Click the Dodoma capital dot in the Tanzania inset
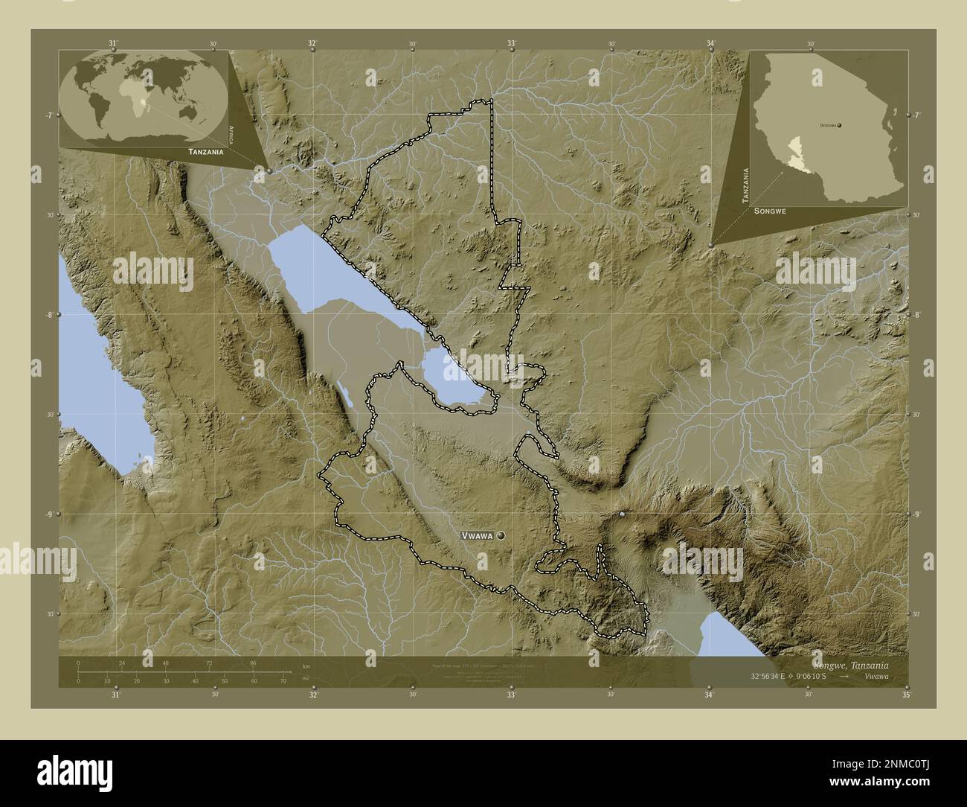(x=839, y=126)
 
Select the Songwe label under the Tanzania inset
(x=770, y=212)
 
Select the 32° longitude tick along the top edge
(x=313, y=44)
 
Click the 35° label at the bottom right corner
(x=906, y=695)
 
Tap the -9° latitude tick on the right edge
(x=916, y=514)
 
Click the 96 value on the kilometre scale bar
(x=253, y=663)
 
